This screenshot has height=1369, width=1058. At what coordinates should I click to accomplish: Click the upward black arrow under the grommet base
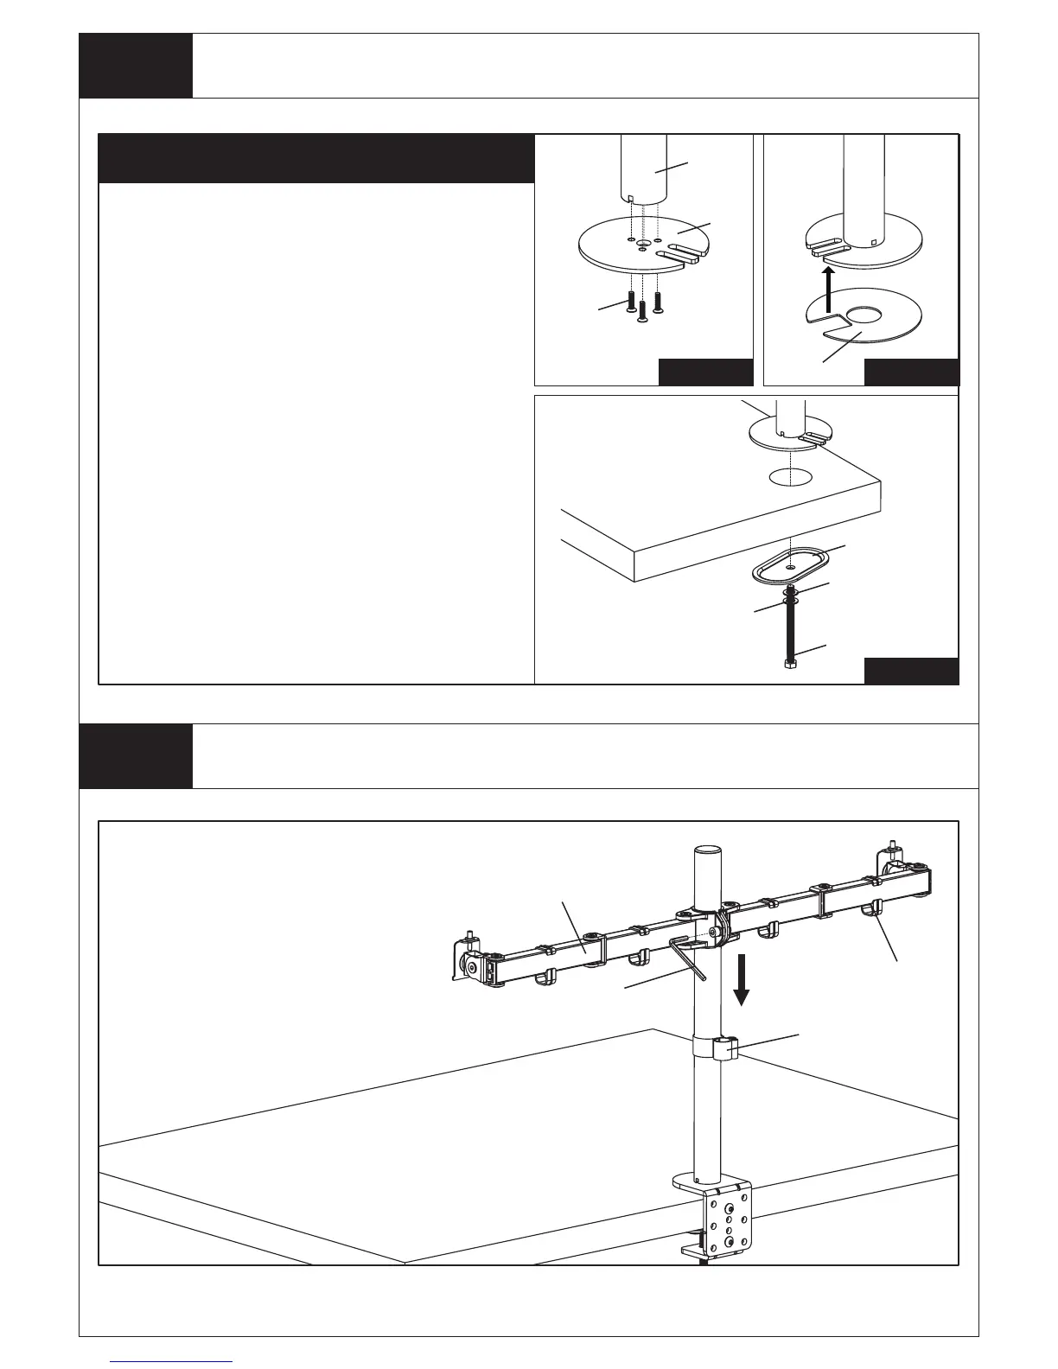pos(828,287)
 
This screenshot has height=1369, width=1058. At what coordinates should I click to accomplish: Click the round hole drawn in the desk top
pos(790,476)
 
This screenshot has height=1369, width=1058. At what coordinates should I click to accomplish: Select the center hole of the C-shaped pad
pos(861,315)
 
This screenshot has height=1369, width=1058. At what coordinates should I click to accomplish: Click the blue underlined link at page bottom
pos(172,1361)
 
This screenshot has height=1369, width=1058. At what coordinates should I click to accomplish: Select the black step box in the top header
pos(136,66)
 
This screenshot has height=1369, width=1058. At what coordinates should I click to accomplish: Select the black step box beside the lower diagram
pos(136,756)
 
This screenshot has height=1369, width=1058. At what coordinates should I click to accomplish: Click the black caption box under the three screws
pos(705,372)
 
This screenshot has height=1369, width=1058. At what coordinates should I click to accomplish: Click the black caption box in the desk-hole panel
pos(912,672)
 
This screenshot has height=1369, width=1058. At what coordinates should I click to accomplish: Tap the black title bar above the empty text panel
pos(316,158)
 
